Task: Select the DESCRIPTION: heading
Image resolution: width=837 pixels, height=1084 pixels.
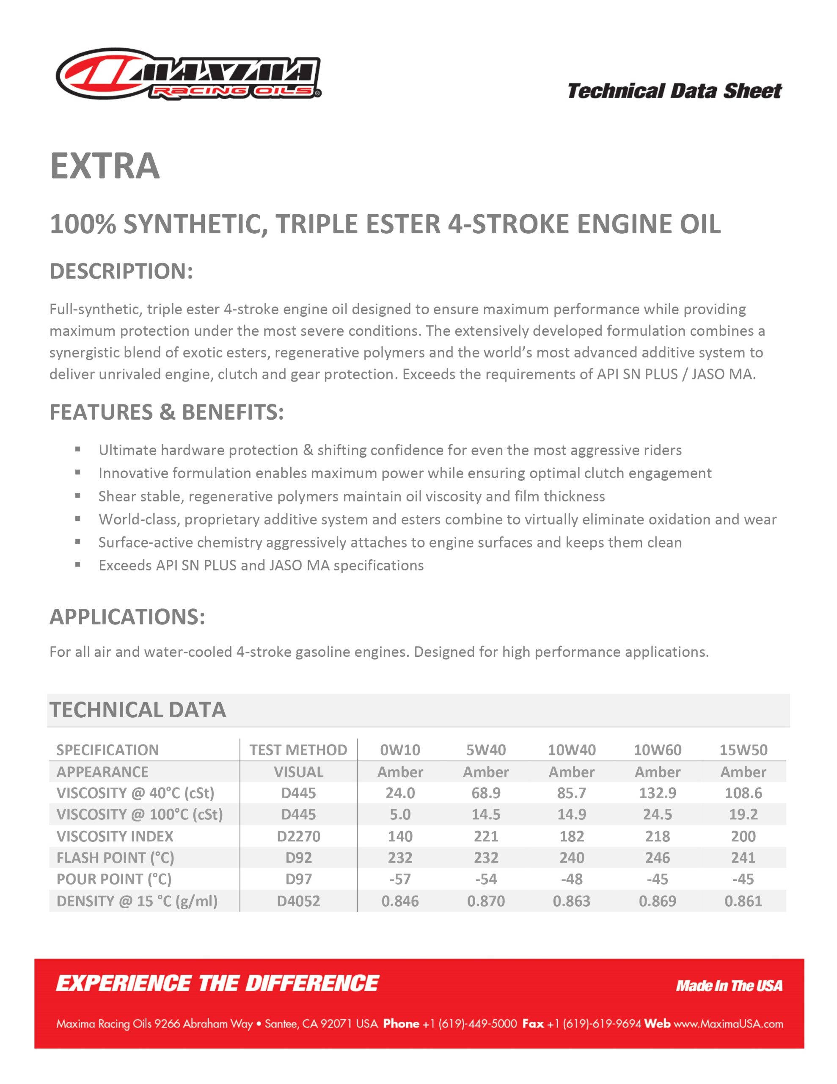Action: click(x=121, y=271)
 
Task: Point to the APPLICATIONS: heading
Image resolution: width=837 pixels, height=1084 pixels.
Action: click(x=127, y=617)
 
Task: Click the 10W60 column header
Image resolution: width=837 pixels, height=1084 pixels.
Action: click(x=658, y=749)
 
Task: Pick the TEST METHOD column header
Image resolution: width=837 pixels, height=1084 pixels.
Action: click(x=298, y=749)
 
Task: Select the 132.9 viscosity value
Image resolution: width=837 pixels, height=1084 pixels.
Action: click(x=658, y=793)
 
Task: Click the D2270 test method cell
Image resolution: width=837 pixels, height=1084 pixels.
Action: click(x=298, y=836)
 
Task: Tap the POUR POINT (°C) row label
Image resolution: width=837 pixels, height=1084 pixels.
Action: click(x=114, y=879)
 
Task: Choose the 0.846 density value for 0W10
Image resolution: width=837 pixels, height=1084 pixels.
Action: click(x=400, y=901)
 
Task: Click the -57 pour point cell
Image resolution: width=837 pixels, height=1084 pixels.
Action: click(x=400, y=879)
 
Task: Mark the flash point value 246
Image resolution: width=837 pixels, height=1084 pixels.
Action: click(x=658, y=857)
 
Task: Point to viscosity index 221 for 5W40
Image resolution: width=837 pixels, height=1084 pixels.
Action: click(x=486, y=836)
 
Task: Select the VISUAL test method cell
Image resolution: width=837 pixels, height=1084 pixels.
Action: click(x=298, y=772)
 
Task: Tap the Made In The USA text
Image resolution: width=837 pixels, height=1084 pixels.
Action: click(x=729, y=985)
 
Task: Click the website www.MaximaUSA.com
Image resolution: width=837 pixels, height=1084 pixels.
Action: click(x=728, y=1023)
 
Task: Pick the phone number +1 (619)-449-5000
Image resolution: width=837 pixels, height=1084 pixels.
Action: click(x=469, y=1023)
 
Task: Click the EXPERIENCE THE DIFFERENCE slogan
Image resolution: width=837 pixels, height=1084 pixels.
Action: click(x=218, y=983)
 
